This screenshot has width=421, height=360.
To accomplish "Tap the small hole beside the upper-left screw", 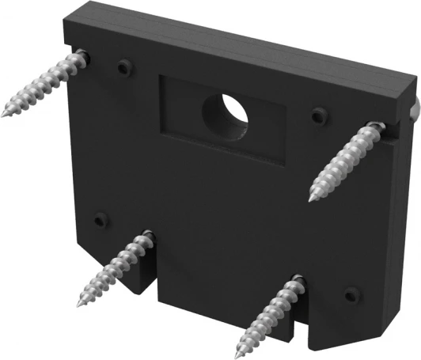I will [122, 68].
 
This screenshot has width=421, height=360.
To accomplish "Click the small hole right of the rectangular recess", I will [318, 114].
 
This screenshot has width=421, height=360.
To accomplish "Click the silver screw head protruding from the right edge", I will [414, 111].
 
